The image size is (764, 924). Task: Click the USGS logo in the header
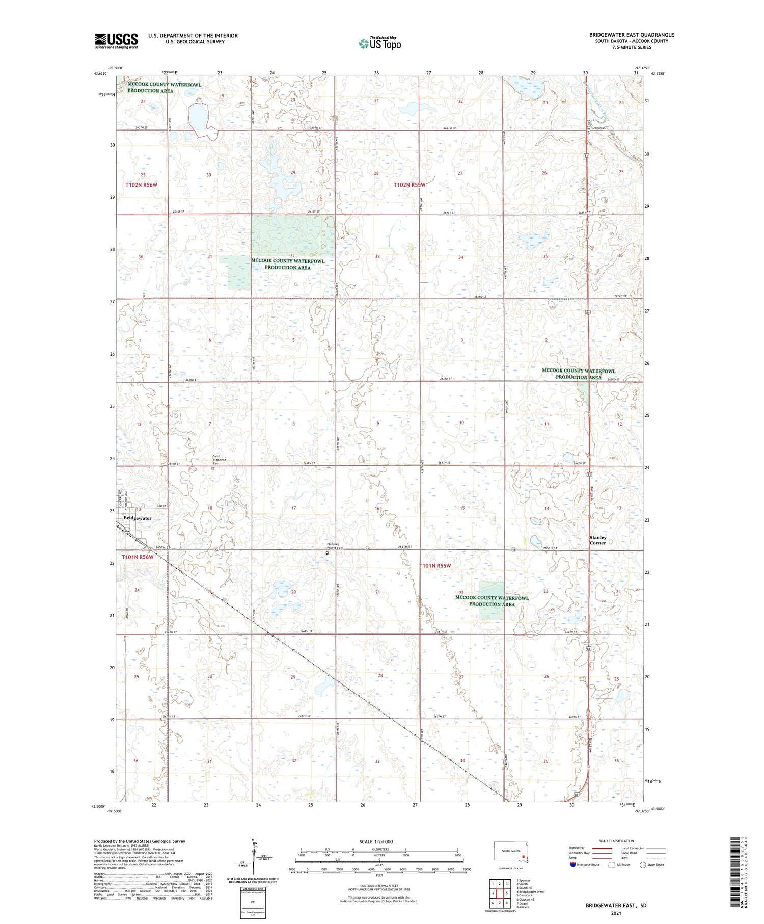[x=116, y=41]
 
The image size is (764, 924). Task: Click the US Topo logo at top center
[x=380, y=43]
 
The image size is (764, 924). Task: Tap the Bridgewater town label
[x=138, y=518]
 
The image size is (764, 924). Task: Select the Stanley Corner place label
[x=598, y=540]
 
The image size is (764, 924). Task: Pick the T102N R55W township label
[x=409, y=185]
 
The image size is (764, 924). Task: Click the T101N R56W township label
[x=138, y=557]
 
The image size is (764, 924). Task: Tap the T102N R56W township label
[x=141, y=184]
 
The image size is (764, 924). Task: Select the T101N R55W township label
[x=435, y=566]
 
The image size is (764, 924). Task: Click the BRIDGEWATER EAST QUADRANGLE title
[x=632, y=35]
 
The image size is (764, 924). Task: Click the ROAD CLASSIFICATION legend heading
[x=616, y=841]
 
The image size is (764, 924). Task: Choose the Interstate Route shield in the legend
[x=573, y=865]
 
